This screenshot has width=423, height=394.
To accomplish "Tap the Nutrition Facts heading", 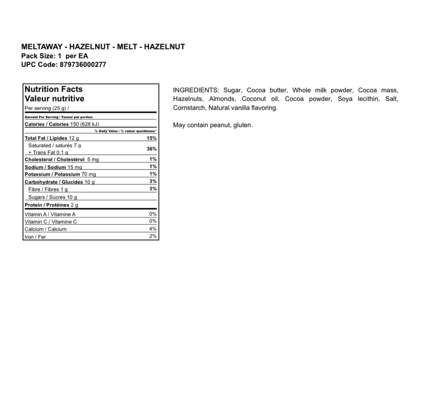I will (x=53, y=89).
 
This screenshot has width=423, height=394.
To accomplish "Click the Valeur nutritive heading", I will (x=54, y=98).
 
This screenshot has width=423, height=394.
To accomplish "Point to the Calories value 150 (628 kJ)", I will (x=87, y=124).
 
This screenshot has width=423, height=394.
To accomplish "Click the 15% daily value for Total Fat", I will (x=151, y=138).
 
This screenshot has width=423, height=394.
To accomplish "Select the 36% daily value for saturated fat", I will (x=151, y=149).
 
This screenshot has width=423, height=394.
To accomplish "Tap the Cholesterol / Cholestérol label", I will (x=55, y=159).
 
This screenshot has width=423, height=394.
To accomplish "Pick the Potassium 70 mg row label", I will (x=60, y=174).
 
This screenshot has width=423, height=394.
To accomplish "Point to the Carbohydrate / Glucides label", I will (x=54, y=182).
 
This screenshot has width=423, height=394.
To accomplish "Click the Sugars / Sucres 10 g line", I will (x=52, y=197).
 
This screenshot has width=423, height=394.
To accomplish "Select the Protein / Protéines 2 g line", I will (x=51, y=205).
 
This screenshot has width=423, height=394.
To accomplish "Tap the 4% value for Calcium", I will (x=153, y=229).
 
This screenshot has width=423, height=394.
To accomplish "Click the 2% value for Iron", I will (x=153, y=236).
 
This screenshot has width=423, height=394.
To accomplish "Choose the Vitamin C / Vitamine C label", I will (x=51, y=222).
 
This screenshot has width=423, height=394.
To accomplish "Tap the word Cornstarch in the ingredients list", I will (x=189, y=108).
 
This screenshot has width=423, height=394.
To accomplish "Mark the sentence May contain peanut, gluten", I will (x=213, y=125).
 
